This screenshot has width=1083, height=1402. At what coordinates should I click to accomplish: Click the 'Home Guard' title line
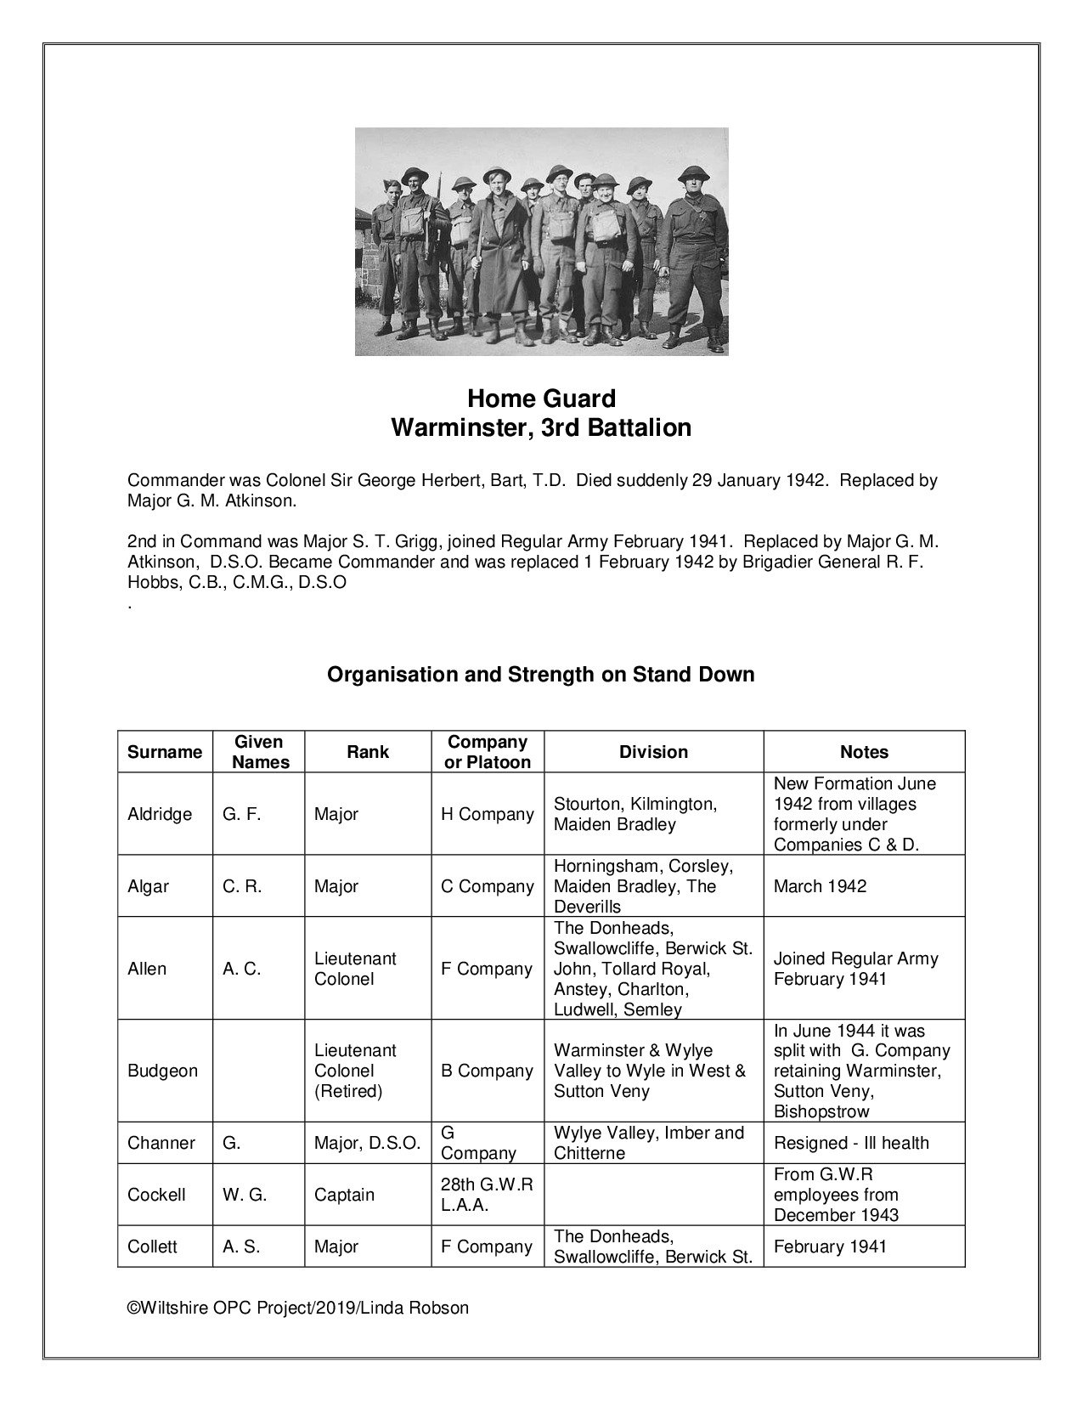pos(541,399)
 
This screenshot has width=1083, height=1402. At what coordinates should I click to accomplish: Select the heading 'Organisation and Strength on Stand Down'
pos(541,675)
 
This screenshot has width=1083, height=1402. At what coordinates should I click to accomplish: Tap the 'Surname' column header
pos(165,752)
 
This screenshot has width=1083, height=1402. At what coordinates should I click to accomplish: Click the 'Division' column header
pos(653,752)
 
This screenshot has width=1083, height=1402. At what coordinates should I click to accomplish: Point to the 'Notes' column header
pos(864,752)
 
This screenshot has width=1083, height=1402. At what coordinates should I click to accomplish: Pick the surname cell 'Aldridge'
pos(160,814)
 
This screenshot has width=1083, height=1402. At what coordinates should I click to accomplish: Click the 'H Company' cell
pos(487,814)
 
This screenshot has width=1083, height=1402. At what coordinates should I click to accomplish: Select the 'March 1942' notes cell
pos(820,886)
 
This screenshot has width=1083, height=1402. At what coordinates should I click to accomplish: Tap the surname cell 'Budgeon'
pos(162,1071)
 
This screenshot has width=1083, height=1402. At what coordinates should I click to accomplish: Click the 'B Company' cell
pos(487,1071)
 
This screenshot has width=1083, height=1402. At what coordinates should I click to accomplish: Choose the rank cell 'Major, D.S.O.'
pos(367,1143)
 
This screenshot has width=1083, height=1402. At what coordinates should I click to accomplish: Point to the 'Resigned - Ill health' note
pos(851,1143)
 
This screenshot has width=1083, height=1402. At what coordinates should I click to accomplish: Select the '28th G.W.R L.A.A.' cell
pos(487,1195)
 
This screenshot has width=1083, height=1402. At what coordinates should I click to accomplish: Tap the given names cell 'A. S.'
pos(241,1247)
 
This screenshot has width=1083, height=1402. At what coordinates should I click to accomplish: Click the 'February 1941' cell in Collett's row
pos(830,1247)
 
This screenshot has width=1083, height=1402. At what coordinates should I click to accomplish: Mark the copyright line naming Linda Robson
pos(297,1308)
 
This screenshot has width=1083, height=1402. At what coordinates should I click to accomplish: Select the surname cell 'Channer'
pos(161,1143)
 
